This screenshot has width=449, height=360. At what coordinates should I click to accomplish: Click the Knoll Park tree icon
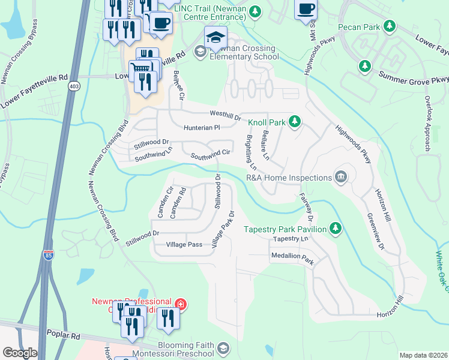coord(294,122)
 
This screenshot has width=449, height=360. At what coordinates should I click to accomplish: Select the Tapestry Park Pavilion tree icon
coord(336,229)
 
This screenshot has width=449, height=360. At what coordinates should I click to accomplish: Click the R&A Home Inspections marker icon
coord(341,177)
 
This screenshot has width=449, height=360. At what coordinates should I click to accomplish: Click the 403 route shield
coord(74,86)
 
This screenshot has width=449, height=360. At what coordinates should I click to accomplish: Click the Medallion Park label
coord(292,261)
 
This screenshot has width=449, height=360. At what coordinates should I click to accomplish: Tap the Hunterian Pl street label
coord(202,127)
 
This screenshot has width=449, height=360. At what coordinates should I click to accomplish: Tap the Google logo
coord(19,353)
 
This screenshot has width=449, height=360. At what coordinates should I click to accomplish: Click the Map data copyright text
coord(423,355)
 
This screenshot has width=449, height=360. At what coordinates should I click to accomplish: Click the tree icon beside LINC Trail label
coord(256,11)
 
